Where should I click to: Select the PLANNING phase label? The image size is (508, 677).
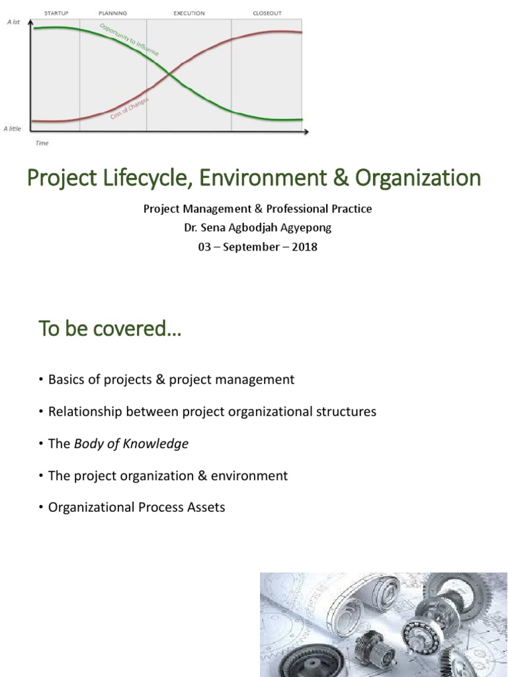(x=112, y=13)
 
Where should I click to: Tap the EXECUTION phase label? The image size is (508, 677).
(x=189, y=13)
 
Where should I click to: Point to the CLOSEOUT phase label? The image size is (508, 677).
(x=267, y=13)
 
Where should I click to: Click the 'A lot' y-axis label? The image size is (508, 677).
(x=13, y=22)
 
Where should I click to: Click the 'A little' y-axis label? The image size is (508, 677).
(x=13, y=128)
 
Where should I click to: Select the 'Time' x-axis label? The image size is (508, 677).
(x=42, y=143)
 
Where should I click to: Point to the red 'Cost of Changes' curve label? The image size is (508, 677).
(x=130, y=108)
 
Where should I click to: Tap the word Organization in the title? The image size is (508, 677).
(x=418, y=179)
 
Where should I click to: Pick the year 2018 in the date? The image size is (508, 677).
(x=304, y=247)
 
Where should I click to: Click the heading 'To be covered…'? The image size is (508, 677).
(x=110, y=329)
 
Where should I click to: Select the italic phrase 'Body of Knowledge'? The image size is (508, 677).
(x=131, y=444)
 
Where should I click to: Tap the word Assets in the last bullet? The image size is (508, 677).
(x=206, y=508)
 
